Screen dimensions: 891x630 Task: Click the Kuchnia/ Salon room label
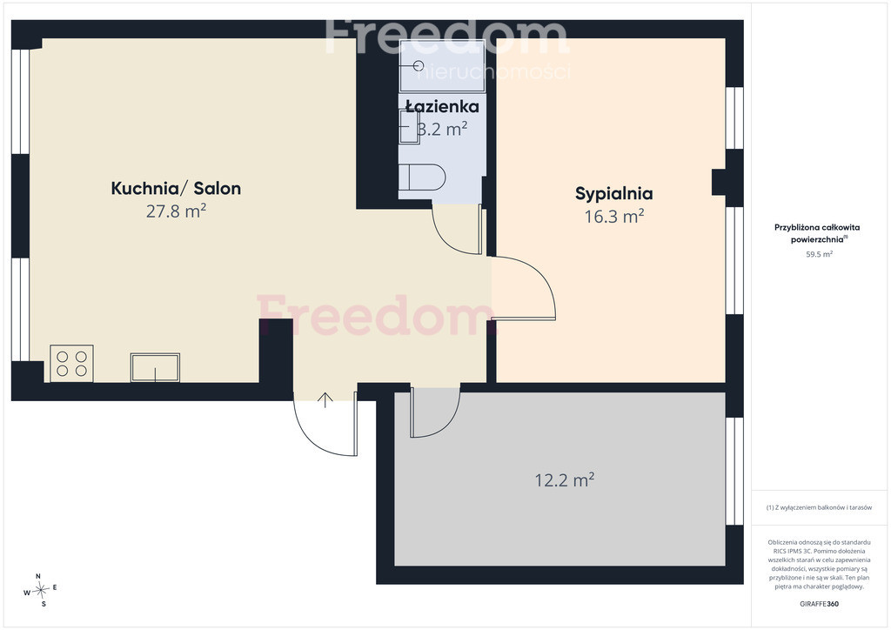pos(176,188)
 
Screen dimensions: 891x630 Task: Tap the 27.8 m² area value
pos(176,211)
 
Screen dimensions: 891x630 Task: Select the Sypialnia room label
pos(613,194)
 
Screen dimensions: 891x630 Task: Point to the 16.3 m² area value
pos(614,217)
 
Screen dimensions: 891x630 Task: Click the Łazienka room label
pos(442,106)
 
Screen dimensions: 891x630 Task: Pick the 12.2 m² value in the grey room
pos(564,480)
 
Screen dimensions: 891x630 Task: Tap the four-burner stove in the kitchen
pos(71,364)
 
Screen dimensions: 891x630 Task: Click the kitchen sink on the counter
pos(155,367)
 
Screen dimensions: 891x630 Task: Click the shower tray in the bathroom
pos(443,66)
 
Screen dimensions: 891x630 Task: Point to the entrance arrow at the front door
pos(325,400)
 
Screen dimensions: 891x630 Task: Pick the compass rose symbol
pos(40,590)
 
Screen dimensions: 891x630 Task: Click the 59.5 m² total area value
pos(819,254)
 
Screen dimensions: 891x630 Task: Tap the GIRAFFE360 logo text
pos(819,604)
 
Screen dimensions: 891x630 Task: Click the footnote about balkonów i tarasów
pos(819,507)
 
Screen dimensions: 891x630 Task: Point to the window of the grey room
pos(734,472)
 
